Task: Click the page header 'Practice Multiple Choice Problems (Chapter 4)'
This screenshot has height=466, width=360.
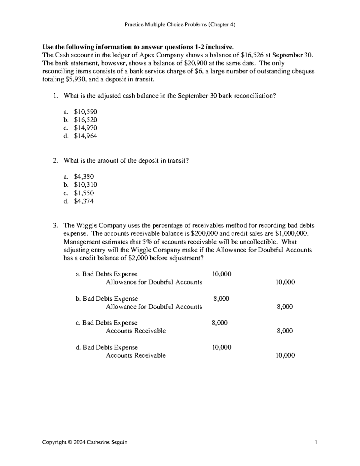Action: [x=180, y=25]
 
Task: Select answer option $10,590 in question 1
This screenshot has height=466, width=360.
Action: [x=85, y=112]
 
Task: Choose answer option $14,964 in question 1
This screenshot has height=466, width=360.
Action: [x=85, y=136]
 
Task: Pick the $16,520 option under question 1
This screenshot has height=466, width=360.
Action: [x=85, y=120]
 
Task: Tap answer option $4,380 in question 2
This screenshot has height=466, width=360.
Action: [x=84, y=177]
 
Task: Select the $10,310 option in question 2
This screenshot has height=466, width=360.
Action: [x=85, y=185]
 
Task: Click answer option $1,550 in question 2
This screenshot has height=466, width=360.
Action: [x=84, y=193]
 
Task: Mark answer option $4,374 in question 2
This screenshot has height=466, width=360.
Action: [x=84, y=201]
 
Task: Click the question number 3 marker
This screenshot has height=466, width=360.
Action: [x=55, y=226]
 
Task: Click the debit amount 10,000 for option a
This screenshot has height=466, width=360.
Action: [x=222, y=274]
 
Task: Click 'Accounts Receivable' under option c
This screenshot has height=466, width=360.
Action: [x=136, y=331]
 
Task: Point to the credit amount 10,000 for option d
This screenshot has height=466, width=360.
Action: [x=285, y=356]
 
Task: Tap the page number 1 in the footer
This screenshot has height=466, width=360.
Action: [x=316, y=442]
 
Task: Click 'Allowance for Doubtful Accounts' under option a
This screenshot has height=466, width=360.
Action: [x=154, y=282]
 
